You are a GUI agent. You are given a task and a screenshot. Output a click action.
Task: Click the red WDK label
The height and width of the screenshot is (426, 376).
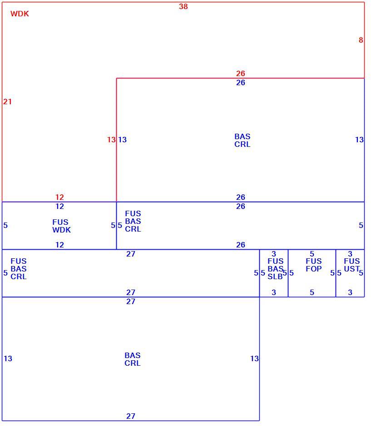[20, 14]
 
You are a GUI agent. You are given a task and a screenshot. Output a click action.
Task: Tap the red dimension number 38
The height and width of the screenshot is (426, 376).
[183, 6]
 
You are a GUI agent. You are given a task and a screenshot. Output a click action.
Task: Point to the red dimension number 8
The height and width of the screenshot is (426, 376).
[361, 40]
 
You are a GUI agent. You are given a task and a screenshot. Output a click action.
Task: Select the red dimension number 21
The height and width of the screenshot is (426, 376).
[8, 102]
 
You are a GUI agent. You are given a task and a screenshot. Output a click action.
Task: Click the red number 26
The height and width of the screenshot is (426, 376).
[240, 73]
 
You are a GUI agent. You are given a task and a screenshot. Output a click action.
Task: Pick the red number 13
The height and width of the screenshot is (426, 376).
[111, 140]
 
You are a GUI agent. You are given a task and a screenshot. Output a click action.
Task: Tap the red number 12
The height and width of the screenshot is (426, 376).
[59, 197]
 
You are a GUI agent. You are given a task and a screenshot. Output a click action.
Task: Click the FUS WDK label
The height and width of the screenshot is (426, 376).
[62, 226]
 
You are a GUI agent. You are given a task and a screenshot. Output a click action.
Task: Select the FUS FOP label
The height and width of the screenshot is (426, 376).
[314, 265]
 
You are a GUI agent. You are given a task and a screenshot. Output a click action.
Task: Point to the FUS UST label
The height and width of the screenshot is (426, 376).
[352, 265]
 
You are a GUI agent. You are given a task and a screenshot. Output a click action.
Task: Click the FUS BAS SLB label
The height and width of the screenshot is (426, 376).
[276, 269]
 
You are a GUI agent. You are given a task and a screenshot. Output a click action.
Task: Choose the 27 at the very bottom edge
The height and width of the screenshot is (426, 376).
[131, 416]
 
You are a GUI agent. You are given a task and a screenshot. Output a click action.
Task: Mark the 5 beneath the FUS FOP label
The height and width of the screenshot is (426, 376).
[312, 292]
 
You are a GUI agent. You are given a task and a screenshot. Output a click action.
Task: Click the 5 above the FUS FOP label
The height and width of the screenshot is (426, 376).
[312, 254]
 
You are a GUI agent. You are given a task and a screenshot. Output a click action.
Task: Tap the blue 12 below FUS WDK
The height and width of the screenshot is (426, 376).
[59, 245]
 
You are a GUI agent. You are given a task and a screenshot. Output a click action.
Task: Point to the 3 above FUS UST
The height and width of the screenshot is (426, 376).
[350, 254]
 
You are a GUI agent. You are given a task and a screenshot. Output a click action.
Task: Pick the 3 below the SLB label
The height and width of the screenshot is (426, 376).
[274, 292]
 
